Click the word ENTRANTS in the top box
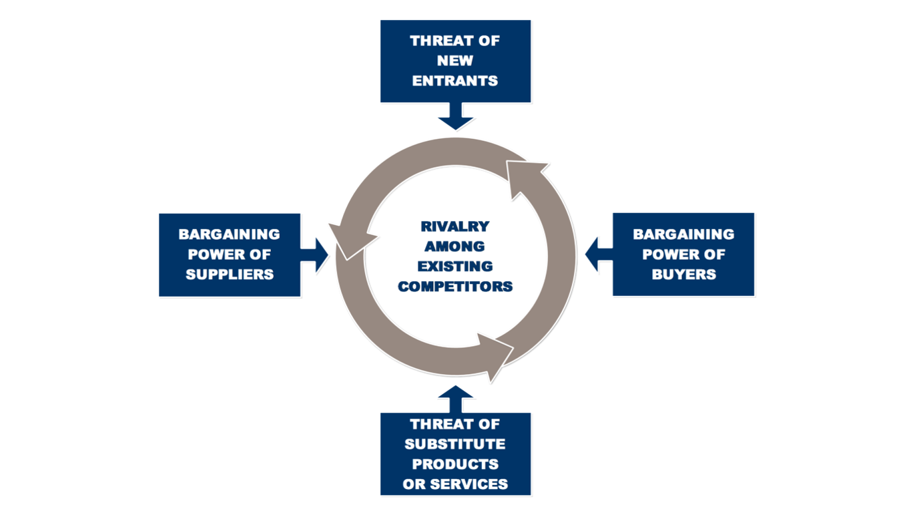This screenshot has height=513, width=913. tap(455, 81)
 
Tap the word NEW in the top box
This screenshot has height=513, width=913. tap(455, 61)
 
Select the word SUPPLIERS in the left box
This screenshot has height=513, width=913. tap(230, 275)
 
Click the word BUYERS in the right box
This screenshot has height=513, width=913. tap(683, 275)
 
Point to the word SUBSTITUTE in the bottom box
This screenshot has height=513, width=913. tap(455, 444)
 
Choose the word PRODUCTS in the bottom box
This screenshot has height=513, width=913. tap(455, 464)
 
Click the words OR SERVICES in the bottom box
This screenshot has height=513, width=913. tap(455, 484)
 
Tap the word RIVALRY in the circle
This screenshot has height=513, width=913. tap(455, 226)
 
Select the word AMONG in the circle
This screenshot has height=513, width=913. tap(455, 246)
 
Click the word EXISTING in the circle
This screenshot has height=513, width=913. tap(455, 267)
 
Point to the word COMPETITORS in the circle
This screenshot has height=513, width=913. tap(455, 287)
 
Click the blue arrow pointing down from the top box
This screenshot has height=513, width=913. tap(456, 116)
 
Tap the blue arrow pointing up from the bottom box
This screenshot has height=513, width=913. tap(456, 399)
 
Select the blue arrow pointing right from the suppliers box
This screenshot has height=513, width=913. tap(314, 255)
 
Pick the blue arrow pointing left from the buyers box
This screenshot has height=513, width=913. tap(599, 254)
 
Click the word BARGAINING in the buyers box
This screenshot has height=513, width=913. tap(683, 234)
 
